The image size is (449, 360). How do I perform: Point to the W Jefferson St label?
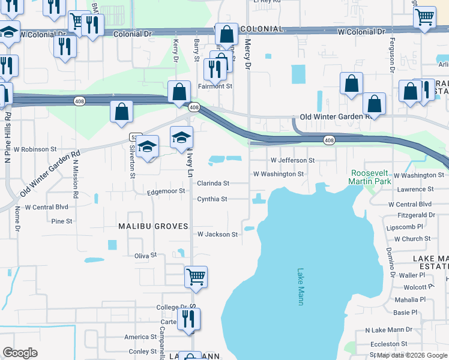pos(292,160)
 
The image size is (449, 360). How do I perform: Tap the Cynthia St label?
pos(212,199)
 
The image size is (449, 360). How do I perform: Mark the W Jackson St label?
pos(217,234)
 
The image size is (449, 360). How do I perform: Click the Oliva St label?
pos(145,255)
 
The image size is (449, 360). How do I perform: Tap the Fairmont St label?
pos(215,86)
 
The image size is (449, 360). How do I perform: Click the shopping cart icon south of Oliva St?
pos(196,277)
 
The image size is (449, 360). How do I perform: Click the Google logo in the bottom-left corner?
pos(20,352)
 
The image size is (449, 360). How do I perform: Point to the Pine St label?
pos(62,221)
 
